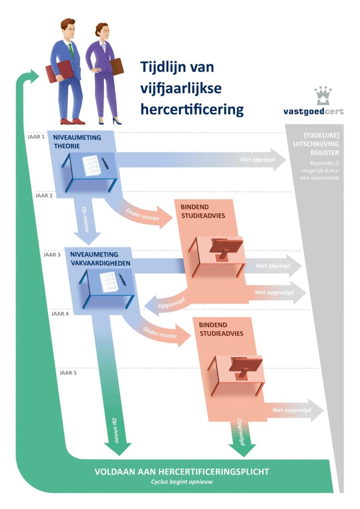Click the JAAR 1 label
(x=36, y=137)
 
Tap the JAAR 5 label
(x=68, y=373)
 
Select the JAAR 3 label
(x=52, y=255)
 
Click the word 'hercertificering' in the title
(x=192, y=110)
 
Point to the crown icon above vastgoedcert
(x=323, y=95)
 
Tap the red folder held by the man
(x=59, y=72)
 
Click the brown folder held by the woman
(x=117, y=67)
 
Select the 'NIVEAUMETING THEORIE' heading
(x=77, y=142)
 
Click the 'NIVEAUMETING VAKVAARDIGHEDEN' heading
(x=100, y=259)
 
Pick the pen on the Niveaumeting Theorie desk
(x=105, y=163)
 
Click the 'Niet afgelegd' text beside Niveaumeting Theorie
(x=257, y=160)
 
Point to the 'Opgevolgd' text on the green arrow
(x=241, y=432)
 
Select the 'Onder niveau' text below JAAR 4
(x=160, y=332)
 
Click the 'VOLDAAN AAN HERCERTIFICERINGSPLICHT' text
(x=182, y=472)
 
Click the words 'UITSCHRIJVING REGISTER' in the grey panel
(x=316, y=148)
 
